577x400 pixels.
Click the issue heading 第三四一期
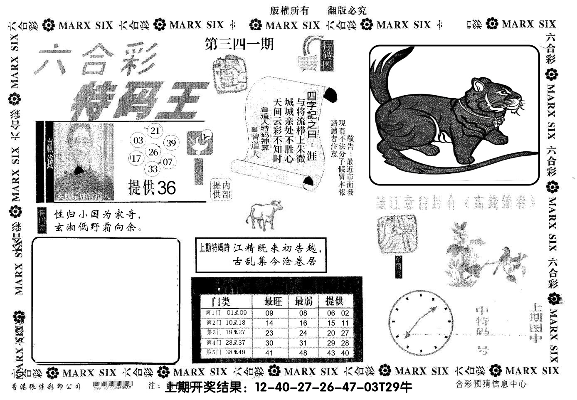(239, 44)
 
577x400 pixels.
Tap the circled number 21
(155, 131)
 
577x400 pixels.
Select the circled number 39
(170, 143)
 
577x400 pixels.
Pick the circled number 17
(136, 158)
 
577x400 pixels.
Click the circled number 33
(153, 169)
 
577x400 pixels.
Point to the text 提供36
(152, 188)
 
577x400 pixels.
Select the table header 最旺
(274, 301)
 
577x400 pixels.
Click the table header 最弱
(304, 301)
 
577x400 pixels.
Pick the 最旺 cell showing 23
(269, 333)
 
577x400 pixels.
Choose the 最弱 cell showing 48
(303, 353)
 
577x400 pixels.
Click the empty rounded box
(106, 300)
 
